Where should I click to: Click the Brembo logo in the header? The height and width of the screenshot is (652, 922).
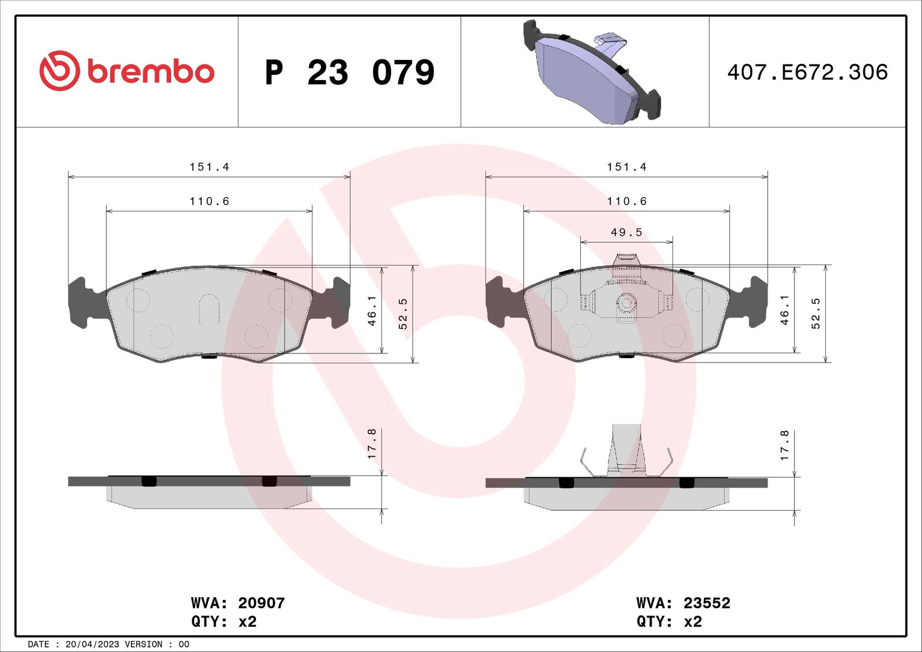127,71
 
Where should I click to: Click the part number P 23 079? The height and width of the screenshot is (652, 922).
349,73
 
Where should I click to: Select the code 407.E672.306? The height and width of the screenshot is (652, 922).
807,72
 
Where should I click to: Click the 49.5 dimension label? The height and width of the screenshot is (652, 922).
626,232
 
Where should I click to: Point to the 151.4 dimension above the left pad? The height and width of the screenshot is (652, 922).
209,167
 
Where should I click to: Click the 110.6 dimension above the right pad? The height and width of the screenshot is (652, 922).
626,201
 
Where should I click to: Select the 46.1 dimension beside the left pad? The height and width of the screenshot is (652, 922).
372,310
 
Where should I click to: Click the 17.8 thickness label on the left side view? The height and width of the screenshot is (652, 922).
372,444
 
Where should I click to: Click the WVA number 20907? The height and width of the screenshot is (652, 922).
261,603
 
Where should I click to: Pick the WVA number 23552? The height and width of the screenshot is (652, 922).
706,603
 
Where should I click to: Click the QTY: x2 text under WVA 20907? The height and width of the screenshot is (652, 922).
224,621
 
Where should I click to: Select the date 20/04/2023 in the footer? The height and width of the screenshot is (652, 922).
92,645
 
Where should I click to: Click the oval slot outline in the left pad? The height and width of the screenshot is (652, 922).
209,309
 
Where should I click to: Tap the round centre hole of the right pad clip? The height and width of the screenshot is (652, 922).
626,303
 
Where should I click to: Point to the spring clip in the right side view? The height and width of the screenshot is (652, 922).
626,453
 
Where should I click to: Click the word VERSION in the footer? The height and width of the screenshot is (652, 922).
143,645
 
